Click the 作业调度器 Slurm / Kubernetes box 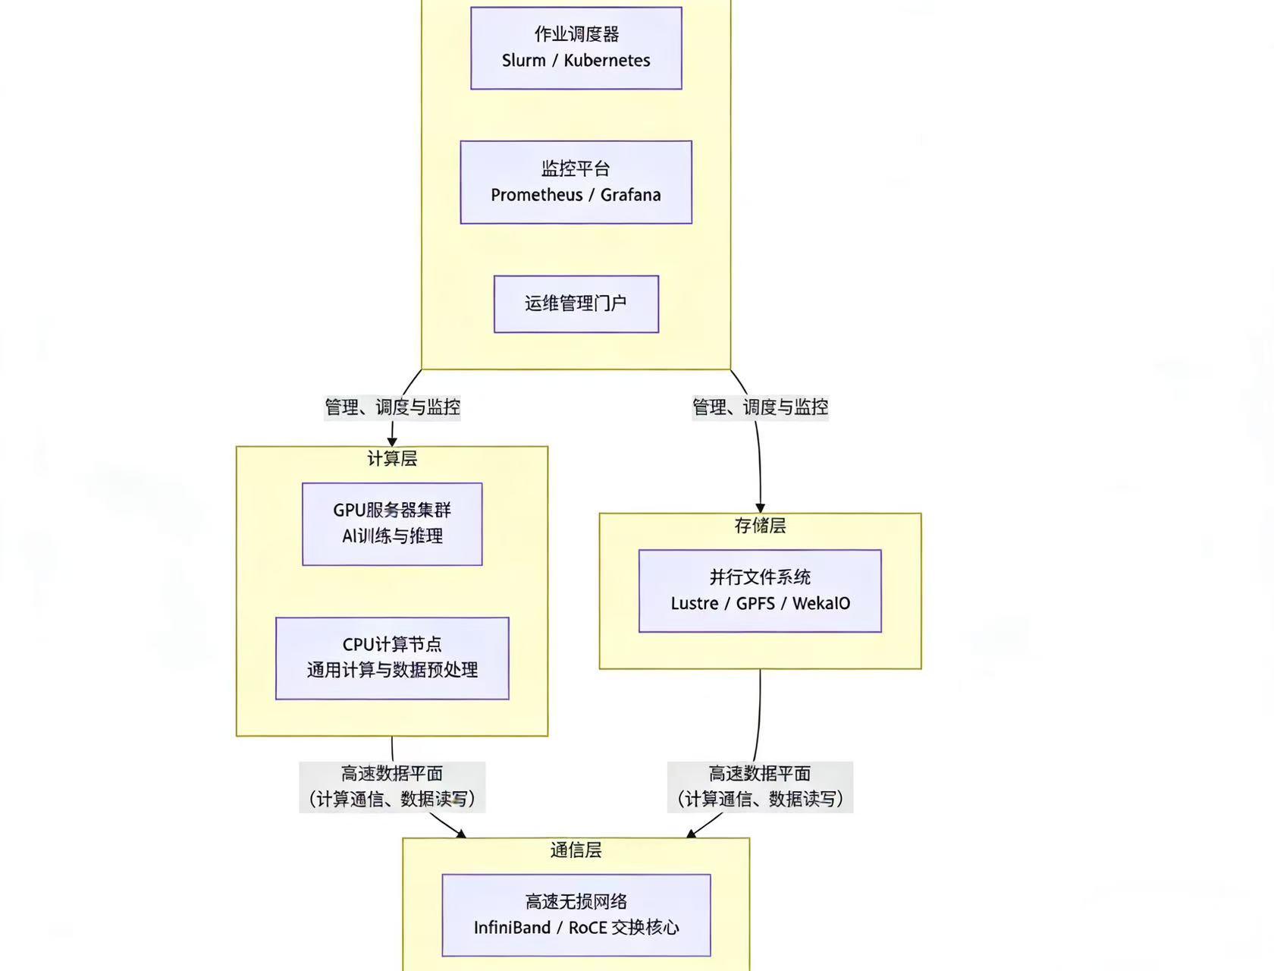(x=576, y=48)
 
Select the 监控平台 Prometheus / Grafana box (x=576, y=182)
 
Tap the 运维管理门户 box (x=576, y=303)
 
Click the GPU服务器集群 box (x=392, y=523)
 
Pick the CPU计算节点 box (x=392, y=658)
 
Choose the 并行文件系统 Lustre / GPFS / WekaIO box (x=760, y=590)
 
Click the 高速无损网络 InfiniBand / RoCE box (x=576, y=914)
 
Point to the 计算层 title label (x=392, y=458)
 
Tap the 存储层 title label (x=760, y=525)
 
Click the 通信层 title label (x=576, y=850)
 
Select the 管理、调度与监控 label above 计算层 (x=392, y=407)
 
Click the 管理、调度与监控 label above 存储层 (x=760, y=407)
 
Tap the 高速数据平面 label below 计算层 (x=392, y=787)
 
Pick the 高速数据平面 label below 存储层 (x=760, y=787)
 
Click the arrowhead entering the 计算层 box (x=392, y=442)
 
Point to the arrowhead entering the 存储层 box (x=760, y=508)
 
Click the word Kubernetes (x=607, y=61)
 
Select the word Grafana (x=630, y=195)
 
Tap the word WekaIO (x=821, y=604)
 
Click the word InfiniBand (x=512, y=928)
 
